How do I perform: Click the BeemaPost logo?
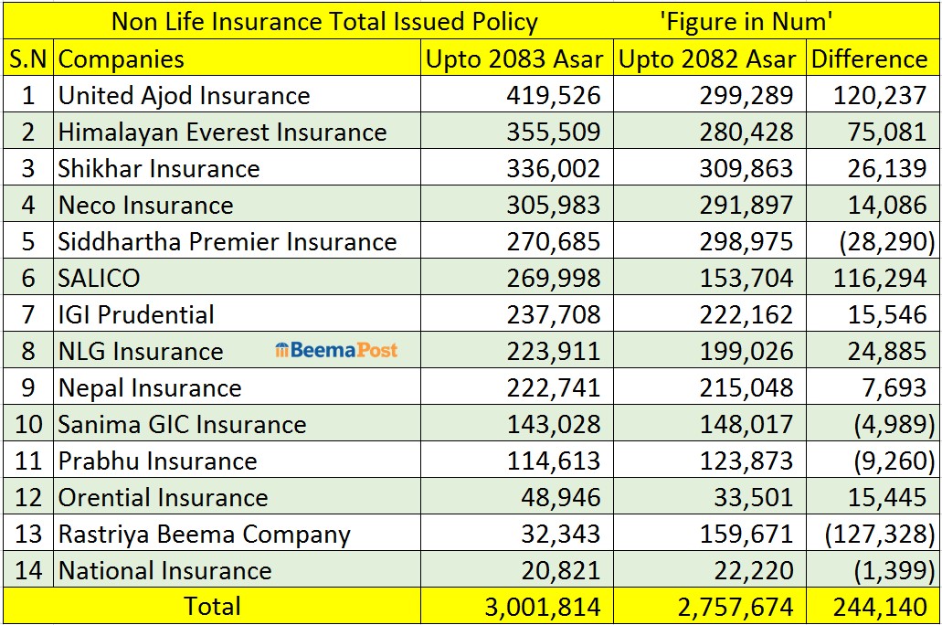(336, 350)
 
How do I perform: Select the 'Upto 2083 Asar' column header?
(514, 58)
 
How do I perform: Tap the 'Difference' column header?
(869, 58)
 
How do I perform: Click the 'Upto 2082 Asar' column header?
(707, 58)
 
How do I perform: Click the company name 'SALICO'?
(99, 279)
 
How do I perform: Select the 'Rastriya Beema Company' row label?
(205, 535)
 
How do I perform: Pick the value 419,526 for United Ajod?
(554, 96)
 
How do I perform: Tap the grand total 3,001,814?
(543, 608)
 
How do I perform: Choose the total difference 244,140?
(880, 608)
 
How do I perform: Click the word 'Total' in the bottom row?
(212, 606)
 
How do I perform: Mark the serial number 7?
(28, 315)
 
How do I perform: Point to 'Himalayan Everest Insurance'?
(222, 132)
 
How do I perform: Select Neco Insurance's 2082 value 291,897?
(746, 206)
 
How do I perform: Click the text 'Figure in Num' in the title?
(746, 22)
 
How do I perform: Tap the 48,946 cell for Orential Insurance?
(560, 498)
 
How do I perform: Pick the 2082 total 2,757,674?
(736, 608)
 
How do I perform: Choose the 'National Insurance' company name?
(165, 571)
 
